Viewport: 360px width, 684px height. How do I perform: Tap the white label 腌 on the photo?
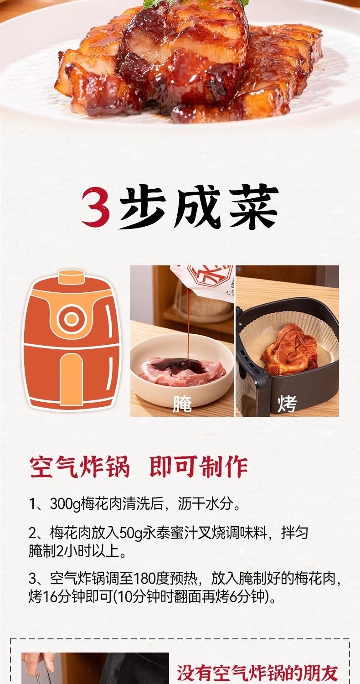click(182, 404)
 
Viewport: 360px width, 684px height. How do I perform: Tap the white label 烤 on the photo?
click(287, 404)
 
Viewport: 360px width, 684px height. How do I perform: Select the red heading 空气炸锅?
click(80, 467)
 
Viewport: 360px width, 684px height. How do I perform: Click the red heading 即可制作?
click(199, 467)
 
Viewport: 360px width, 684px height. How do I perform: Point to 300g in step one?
click(65, 504)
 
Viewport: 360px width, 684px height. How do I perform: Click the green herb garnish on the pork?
click(195, 3)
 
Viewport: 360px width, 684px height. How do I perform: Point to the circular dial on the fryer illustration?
click(72, 319)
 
